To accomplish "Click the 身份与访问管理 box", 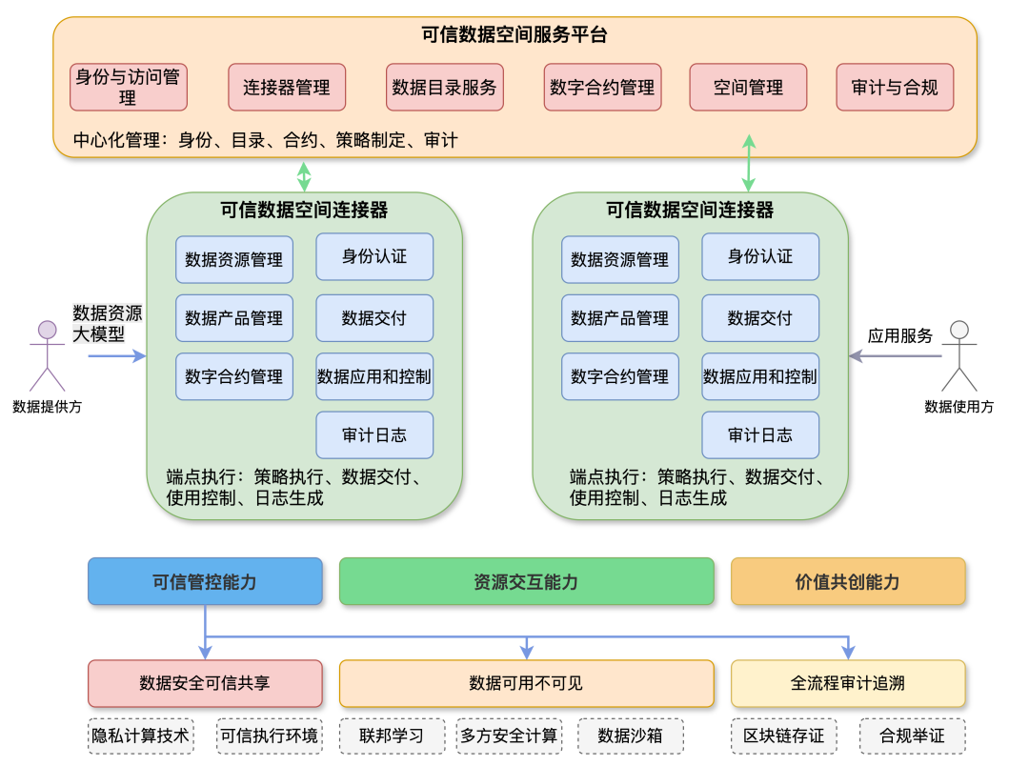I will coord(129,87).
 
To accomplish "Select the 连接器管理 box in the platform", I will coord(287,87).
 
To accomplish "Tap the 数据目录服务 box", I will coord(444,87).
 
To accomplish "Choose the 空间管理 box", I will coord(748,87).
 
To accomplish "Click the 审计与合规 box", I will coord(895,87).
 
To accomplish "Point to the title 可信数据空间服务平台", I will coord(514,35).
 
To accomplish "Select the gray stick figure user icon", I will coord(958,355).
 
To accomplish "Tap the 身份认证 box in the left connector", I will coord(374,256).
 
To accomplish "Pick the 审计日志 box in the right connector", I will coord(760,434).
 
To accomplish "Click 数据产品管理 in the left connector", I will coord(234,318).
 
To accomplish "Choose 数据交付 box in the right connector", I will coord(760,318).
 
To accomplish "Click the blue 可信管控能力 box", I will coord(205,581).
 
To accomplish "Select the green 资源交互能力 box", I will coord(526,581).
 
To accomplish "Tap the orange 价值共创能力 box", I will coord(848,581).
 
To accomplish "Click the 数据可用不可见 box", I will coord(526,683).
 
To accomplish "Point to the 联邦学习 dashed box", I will coord(391,736).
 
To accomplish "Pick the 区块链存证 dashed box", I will coord(784,736).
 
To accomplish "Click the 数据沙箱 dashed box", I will coord(630,736).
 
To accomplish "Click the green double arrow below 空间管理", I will coord(749,164).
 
